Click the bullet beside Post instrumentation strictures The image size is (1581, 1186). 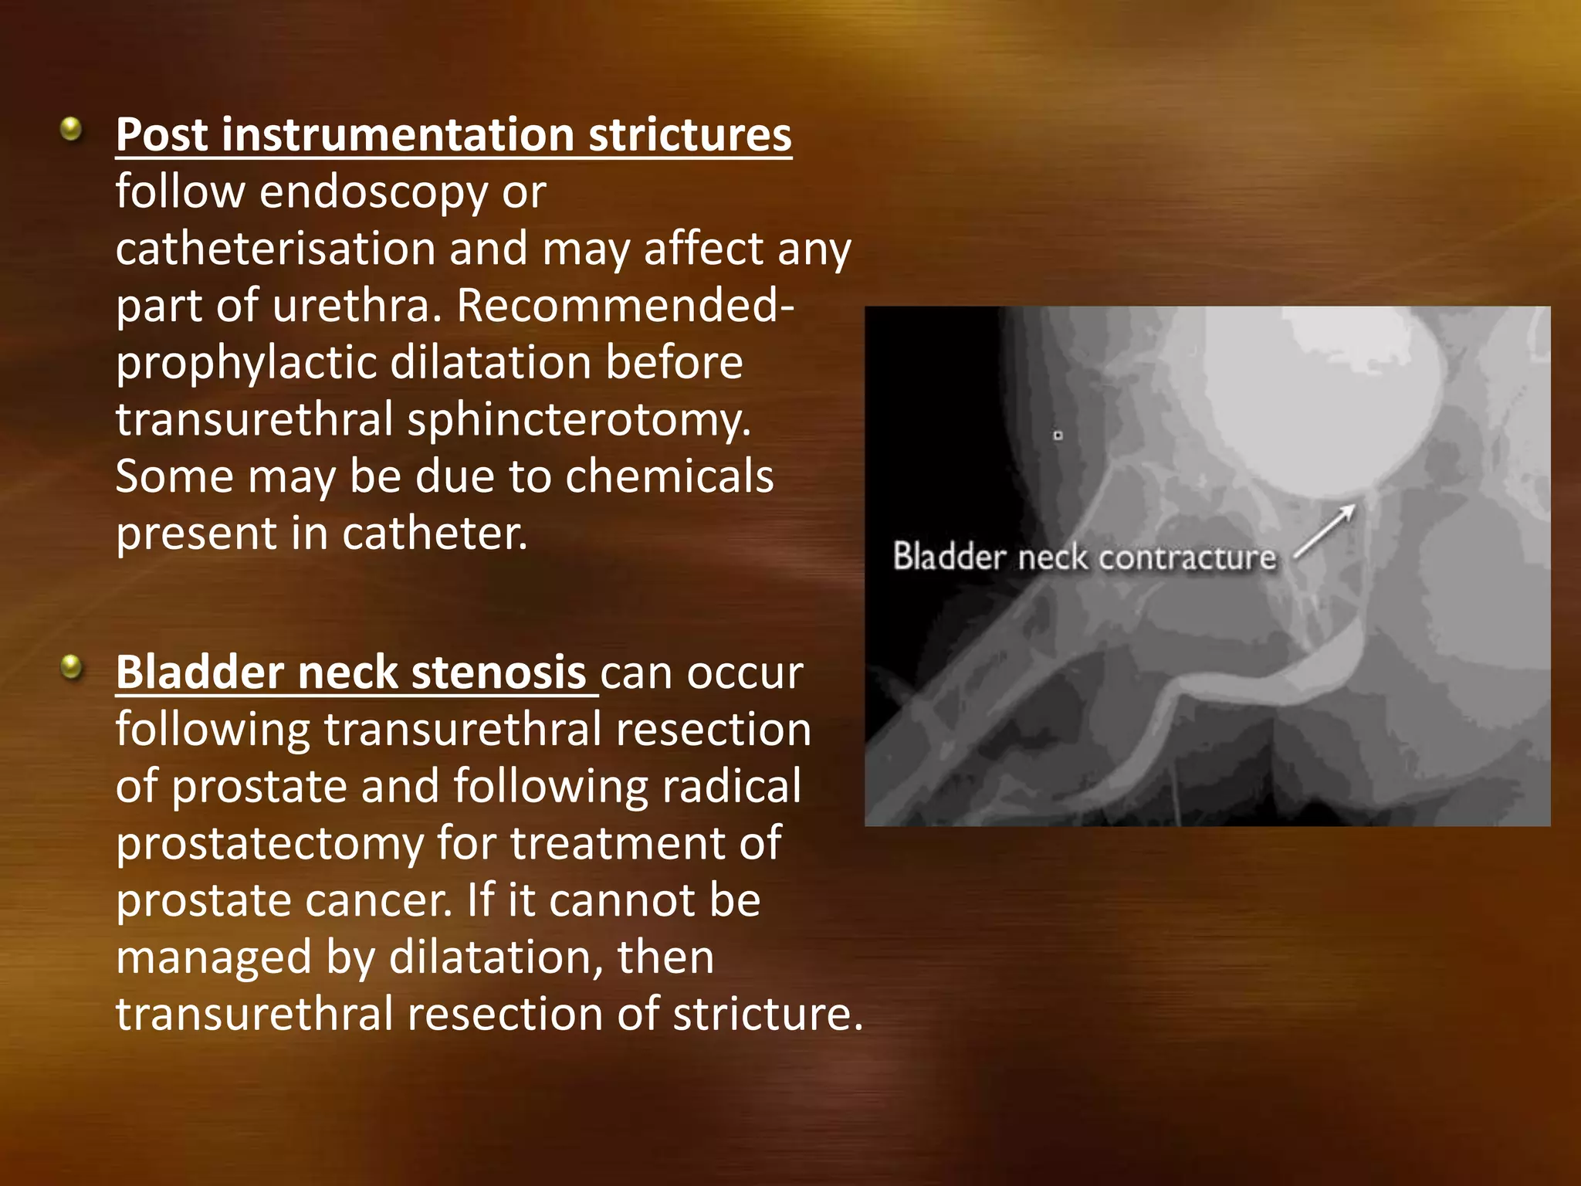[x=71, y=129]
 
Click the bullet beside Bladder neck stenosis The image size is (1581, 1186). [x=71, y=666]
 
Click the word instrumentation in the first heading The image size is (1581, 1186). [x=398, y=135]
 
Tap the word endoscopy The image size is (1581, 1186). [x=374, y=192]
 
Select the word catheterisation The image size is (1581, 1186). [x=276, y=249]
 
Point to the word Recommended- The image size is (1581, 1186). [x=625, y=306]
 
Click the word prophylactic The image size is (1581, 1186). [x=245, y=364]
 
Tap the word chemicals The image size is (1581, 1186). [x=669, y=476]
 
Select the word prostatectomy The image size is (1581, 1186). [x=269, y=843]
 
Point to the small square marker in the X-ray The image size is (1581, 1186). [x=1058, y=435]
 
